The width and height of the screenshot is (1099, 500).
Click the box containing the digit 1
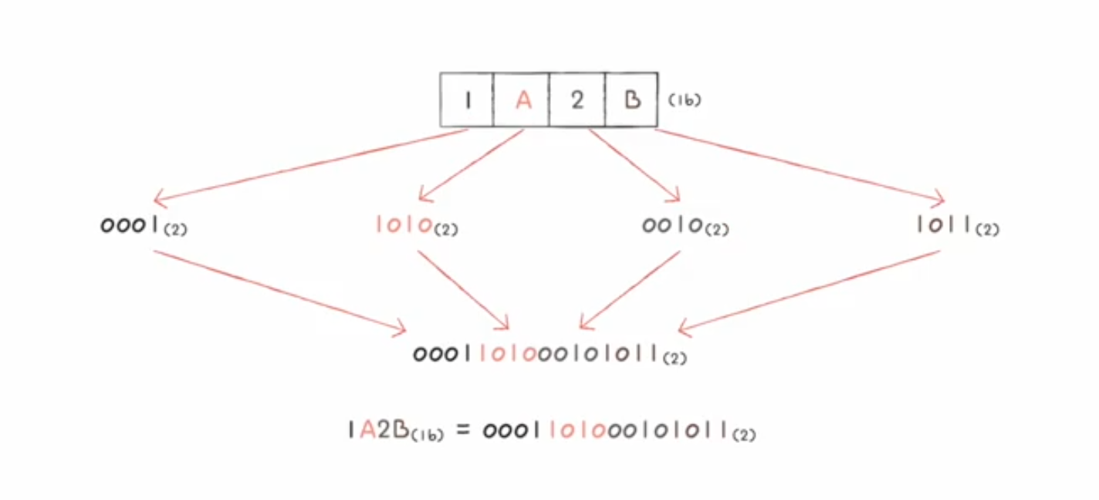coord(467,100)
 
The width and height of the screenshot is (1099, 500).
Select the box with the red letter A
coord(522,100)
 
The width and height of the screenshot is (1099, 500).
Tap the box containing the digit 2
coord(577,100)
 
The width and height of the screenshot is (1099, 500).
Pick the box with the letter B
coord(631,100)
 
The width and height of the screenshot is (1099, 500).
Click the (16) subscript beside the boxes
coord(685,100)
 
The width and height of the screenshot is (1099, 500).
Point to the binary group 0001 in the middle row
coord(132,225)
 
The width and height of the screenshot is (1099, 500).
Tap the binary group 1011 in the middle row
coord(944,225)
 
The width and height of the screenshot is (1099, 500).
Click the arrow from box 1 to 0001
coord(309,162)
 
